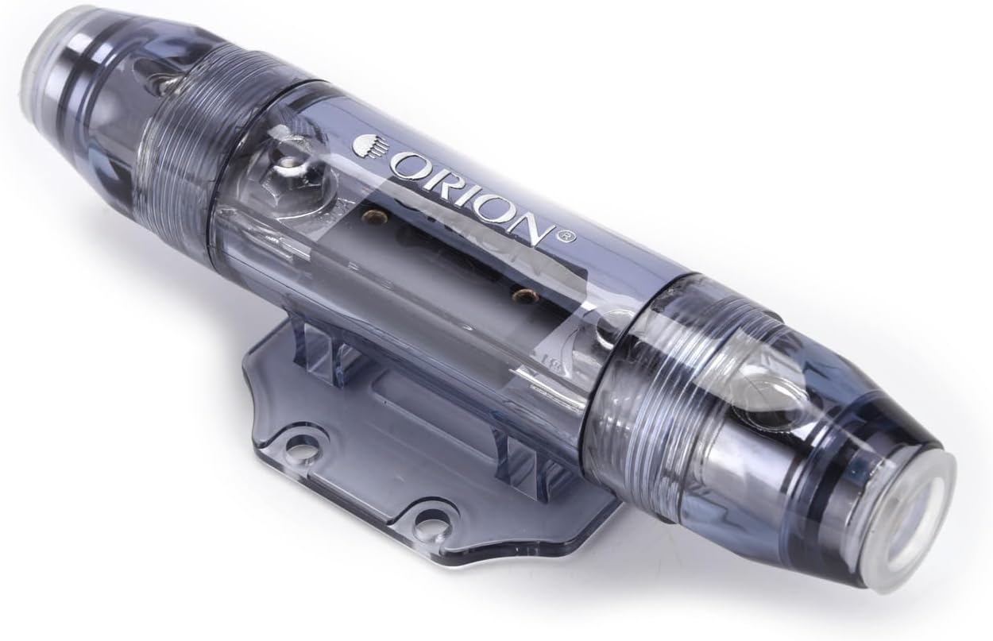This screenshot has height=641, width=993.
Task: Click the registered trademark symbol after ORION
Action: pos(568,237)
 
